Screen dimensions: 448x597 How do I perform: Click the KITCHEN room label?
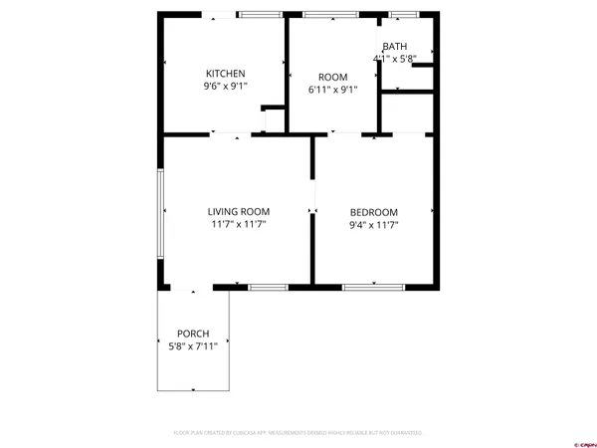(x=225, y=74)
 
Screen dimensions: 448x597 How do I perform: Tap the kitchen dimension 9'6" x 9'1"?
(x=225, y=87)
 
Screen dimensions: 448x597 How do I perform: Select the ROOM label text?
(x=332, y=77)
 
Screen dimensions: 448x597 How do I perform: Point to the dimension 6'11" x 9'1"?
(x=332, y=90)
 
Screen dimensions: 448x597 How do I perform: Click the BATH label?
(x=395, y=47)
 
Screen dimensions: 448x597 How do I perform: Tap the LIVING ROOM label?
(x=239, y=211)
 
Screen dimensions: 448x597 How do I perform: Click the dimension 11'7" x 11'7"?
(x=239, y=224)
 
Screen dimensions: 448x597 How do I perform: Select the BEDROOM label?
(x=373, y=212)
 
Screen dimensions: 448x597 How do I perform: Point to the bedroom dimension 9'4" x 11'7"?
(x=373, y=225)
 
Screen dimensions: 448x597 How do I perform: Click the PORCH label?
(x=193, y=333)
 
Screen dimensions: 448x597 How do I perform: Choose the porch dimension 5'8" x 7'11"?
(x=193, y=345)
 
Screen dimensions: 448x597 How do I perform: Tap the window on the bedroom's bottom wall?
(x=374, y=287)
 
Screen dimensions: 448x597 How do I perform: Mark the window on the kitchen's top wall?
(x=259, y=14)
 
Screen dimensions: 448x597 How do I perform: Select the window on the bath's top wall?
(x=401, y=14)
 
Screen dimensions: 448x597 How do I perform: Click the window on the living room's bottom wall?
(x=268, y=287)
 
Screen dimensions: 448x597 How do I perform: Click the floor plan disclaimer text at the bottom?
(x=298, y=433)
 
